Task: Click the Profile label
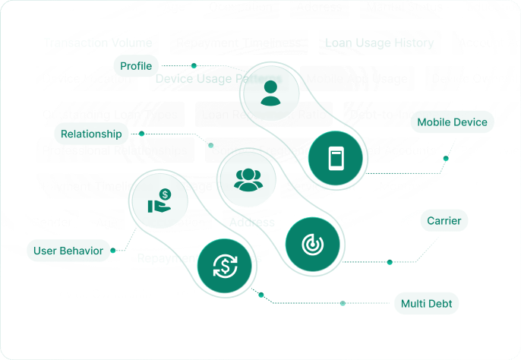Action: pos(137,66)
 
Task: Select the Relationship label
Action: pos(92,134)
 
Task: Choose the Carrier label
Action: pos(444,221)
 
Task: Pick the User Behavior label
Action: pos(68,250)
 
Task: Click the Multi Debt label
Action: pos(427,304)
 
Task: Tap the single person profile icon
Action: pos(270,92)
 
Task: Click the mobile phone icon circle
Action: pos(335,159)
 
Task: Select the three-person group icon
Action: pos(248,179)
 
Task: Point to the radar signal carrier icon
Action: pos(312,245)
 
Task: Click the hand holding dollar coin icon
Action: pos(159,201)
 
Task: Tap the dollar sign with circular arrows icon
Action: pos(225,266)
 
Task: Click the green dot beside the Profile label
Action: pos(194,66)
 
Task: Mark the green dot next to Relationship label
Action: pos(141,134)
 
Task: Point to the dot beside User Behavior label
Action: pos(112,250)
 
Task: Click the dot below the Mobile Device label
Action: pos(446,159)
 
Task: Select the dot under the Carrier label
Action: pos(390,262)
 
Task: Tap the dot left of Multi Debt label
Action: pos(343,303)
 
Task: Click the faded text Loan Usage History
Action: pos(379,43)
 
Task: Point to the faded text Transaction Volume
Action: pos(98,43)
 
